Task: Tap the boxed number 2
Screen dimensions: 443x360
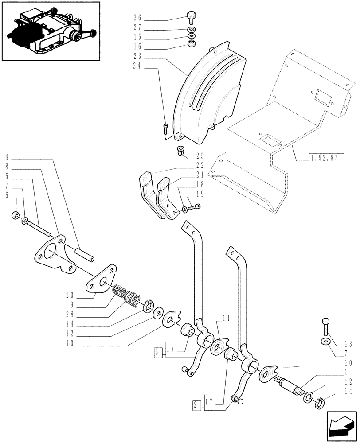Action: tap(195, 404)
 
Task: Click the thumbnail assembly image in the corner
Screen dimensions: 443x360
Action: tap(51, 31)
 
